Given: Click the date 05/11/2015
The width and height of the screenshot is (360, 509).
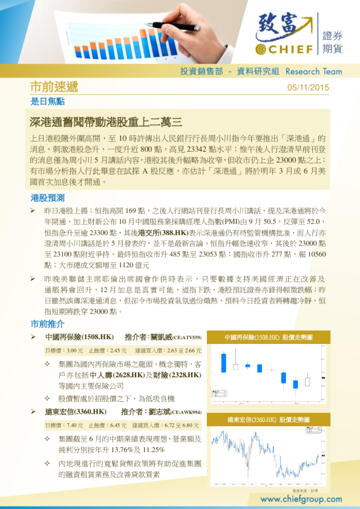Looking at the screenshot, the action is click(309, 87).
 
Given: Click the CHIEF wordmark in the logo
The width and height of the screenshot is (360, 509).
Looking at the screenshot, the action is click(291, 49).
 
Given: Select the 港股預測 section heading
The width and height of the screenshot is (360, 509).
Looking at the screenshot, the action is click(47, 198).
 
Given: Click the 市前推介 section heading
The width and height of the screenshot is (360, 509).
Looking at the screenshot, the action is click(47, 323).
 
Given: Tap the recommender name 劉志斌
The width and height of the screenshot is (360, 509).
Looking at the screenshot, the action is click(154, 412).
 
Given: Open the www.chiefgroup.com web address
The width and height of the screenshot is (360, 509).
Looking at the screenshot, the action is click(301, 499).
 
